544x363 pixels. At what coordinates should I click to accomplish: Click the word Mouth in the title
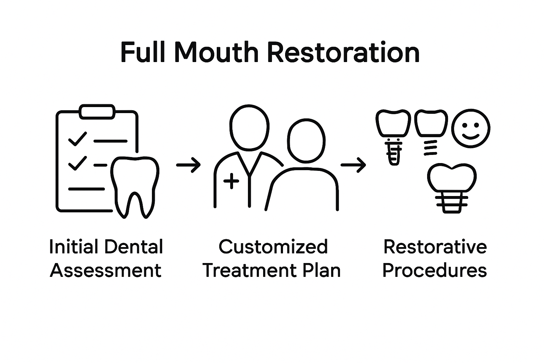pos(216,52)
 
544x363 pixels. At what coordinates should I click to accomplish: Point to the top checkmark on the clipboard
pos(77,139)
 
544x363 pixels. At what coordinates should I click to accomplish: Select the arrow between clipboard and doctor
pos(188,165)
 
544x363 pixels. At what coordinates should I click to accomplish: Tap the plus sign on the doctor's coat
pos(232,181)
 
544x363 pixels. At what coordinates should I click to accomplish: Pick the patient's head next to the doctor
pos(306,141)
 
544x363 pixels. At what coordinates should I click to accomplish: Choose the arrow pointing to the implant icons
pos(353,165)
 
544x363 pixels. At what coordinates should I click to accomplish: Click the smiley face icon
pos(471,128)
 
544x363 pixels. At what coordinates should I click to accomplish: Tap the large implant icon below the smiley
pos(451,188)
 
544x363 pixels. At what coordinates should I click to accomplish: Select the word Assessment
pos(106,270)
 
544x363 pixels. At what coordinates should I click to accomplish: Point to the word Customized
pos(273,247)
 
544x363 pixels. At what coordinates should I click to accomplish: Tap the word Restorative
pos(435,247)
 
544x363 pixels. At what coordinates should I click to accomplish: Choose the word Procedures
pos(435,270)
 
